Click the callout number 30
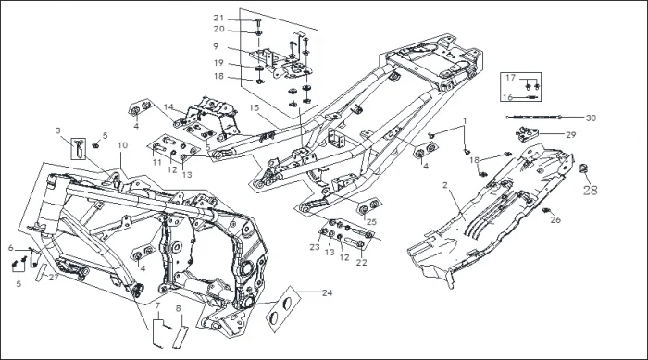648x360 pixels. click(591, 118)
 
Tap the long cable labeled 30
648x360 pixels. click(534, 118)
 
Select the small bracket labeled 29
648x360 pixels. click(528, 134)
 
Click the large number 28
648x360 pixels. click(591, 190)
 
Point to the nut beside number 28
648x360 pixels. click(583, 168)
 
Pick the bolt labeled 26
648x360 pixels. click(545, 211)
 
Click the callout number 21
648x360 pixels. click(218, 19)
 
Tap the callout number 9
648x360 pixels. click(216, 46)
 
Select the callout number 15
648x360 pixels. click(254, 108)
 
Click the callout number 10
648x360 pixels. click(123, 145)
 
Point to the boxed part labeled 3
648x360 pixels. click(79, 149)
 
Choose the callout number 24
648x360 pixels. click(328, 293)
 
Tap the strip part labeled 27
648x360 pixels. click(42, 272)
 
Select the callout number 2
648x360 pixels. click(445, 185)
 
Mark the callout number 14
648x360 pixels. click(168, 107)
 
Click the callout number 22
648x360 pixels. click(362, 263)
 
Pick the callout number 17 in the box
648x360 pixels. click(511, 78)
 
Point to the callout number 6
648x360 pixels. click(11, 248)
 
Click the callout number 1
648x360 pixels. click(465, 121)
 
